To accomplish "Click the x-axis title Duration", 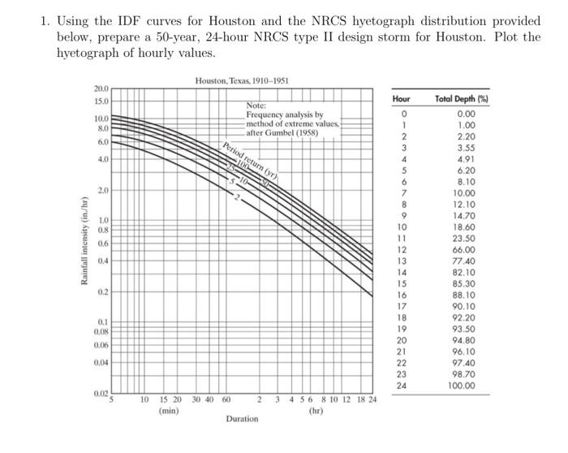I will tap(242, 419).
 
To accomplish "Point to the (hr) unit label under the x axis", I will tap(315, 411).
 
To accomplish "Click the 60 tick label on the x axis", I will tap(226, 399).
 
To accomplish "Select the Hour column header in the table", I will tap(402, 98).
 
